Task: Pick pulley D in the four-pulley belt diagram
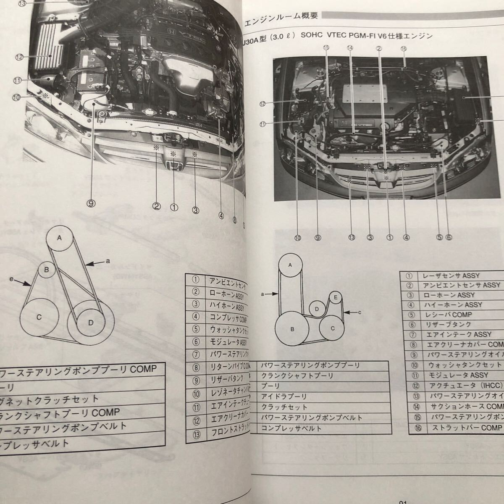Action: click(91, 323)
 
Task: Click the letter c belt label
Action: click(360, 312)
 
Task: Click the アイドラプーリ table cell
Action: click(283, 396)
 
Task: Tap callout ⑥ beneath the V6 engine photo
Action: click(449, 237)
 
